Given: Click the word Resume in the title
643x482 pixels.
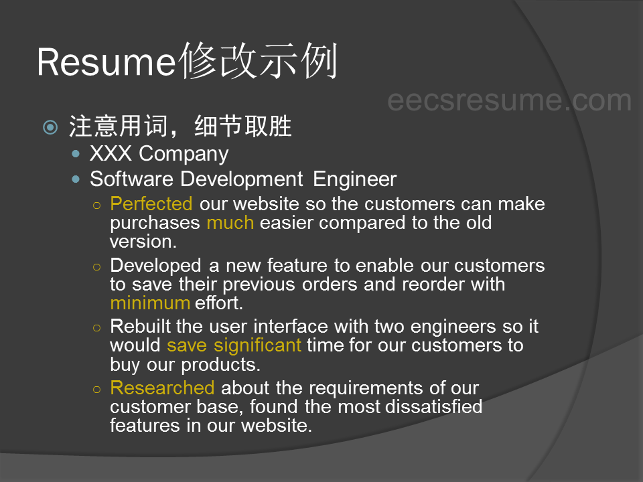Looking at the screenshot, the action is (x=106, y=62).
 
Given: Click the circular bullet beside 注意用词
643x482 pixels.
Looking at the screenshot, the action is (x=50, y=127).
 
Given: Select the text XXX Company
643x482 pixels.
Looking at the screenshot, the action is (x=159, y=154).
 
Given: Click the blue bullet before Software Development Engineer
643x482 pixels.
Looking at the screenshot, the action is (x=76, y=179).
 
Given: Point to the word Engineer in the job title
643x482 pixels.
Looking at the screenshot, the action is (x=355, y=179).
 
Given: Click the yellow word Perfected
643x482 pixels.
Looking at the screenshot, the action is (x=151, y=204).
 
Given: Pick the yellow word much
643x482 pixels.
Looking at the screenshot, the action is (x=230, y=223).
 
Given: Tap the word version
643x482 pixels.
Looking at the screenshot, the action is (x=143, y=242).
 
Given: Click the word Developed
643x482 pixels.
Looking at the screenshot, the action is (x=156, y=266).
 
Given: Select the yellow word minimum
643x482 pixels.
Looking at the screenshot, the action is (x=150, y=303).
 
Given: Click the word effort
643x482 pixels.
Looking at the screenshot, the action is (x=219, y=303).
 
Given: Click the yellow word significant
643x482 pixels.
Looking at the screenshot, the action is (x=257, y=345).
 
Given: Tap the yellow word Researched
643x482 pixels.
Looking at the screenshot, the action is (x=162, y=388).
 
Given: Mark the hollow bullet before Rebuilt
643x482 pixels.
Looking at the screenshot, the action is (x=96, y=328).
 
